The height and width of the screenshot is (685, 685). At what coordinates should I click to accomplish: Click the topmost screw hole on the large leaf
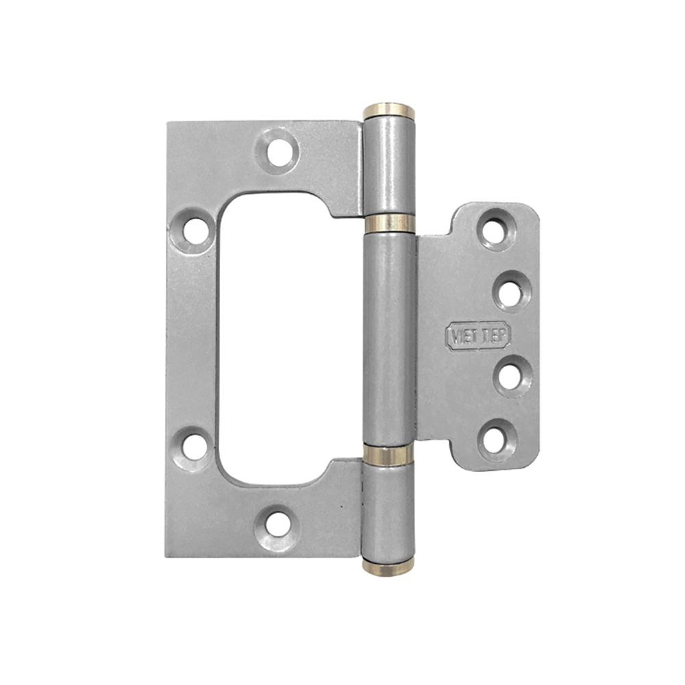tap(279, 151)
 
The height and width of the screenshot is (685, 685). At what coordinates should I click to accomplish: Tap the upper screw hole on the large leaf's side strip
tap(194, 232)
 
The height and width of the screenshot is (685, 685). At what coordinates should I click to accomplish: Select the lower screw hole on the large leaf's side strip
tap(194, 446)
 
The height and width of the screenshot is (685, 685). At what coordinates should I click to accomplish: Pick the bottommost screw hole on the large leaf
tap(276, 525)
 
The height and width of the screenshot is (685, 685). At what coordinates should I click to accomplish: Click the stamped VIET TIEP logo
tap(478, 335)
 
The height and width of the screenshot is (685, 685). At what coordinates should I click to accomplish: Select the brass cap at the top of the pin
tap(388, 110)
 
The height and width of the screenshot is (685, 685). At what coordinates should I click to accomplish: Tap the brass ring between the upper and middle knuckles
tap(389, 223)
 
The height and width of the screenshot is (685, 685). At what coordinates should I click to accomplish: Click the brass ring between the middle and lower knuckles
tap(388, 455)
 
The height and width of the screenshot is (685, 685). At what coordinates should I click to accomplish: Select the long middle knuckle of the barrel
tap(389, 339)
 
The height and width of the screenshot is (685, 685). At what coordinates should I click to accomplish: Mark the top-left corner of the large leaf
tap(169, 124)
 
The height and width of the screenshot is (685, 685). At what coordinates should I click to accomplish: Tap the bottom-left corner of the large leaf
tap(168, 555)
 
